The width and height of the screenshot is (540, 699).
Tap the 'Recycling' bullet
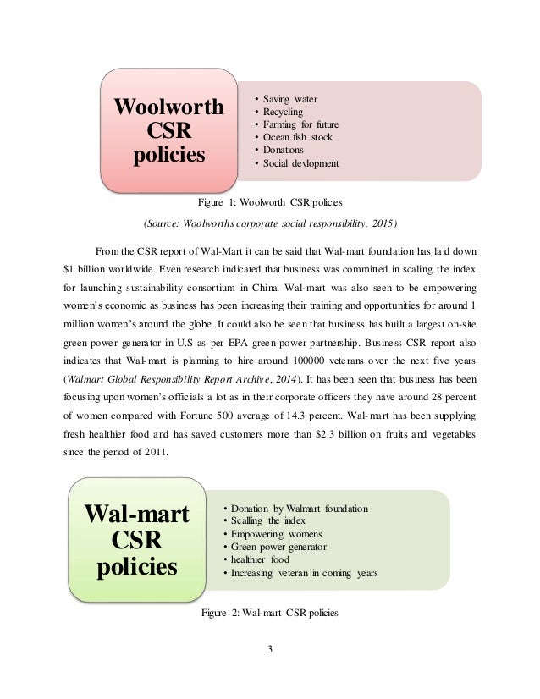click(287, 112)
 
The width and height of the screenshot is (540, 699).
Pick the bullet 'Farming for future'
click(300, 124)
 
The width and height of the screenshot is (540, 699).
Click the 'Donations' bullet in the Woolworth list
click(288, 150)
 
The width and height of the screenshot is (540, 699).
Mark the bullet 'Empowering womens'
click(272, 535)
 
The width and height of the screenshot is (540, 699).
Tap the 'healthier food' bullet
click(260, 560)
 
